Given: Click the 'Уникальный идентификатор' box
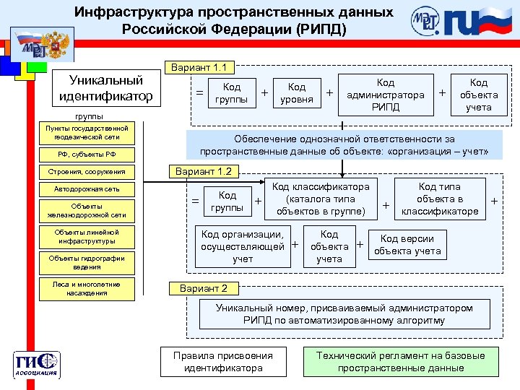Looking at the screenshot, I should pyautogui.click(x=105, y=87).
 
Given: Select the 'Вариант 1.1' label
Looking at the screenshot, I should pyautogui.click(x=199, y=68).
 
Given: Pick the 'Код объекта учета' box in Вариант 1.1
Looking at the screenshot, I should pyautogui.click(x=478, y=94).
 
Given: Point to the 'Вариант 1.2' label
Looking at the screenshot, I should pyautogui.click(x=204, y=171).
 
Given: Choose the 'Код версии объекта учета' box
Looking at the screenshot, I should pyautogui.click(x=407, y=245).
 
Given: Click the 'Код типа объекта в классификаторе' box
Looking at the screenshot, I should pyautogui.click(x=439, y=199).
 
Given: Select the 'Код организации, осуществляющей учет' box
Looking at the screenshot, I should pyautogui.click(x=243, y=246).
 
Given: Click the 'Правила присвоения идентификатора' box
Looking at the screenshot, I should pyautogui.click(x=223, y=361).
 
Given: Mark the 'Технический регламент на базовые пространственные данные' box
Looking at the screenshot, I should pyautogui.click(x=401, y=361).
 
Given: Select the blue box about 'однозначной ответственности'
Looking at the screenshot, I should pyautogui.click(x=344, y=144).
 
